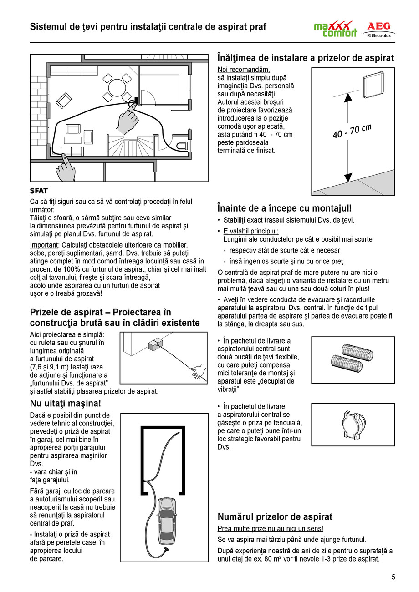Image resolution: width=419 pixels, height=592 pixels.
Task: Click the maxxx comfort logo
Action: (x=335, y=30)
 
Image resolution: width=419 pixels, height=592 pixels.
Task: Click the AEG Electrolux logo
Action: (x=378, y=30)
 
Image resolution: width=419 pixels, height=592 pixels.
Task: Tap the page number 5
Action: (x=393, y=577)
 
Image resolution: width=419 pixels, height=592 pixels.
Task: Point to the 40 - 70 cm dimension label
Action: (x=352, y=131)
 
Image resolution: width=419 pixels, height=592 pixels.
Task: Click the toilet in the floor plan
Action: (x=182, y=146)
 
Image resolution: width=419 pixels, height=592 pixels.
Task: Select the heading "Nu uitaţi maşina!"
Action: (x=65, y=404)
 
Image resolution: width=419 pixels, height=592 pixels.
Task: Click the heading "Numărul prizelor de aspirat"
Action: (x=275, y=517)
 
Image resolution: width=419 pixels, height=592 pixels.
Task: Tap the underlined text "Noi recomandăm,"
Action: (x=244, y=70)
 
